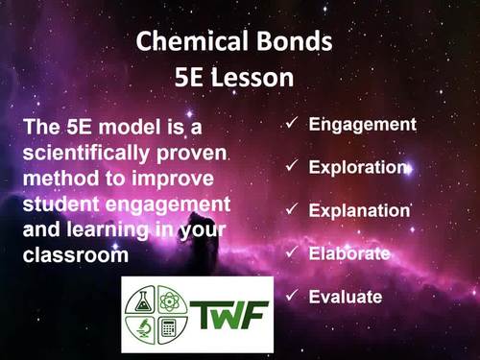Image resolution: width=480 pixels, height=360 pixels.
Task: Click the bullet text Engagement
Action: tap(362, 124)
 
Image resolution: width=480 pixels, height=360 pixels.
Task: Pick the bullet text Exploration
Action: tap(358, 167)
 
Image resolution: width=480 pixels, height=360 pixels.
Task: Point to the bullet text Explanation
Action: tap(359, 210)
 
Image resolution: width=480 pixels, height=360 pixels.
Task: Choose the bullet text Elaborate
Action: tap(349, 253)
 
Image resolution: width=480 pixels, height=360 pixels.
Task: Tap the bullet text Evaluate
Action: tap(346, 297)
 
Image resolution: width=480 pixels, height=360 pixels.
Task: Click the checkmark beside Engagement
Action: tap(292, 124)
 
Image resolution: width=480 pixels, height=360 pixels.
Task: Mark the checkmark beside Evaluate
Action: tap(292, 297)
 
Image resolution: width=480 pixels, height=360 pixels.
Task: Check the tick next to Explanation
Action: tap(292, 210)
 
